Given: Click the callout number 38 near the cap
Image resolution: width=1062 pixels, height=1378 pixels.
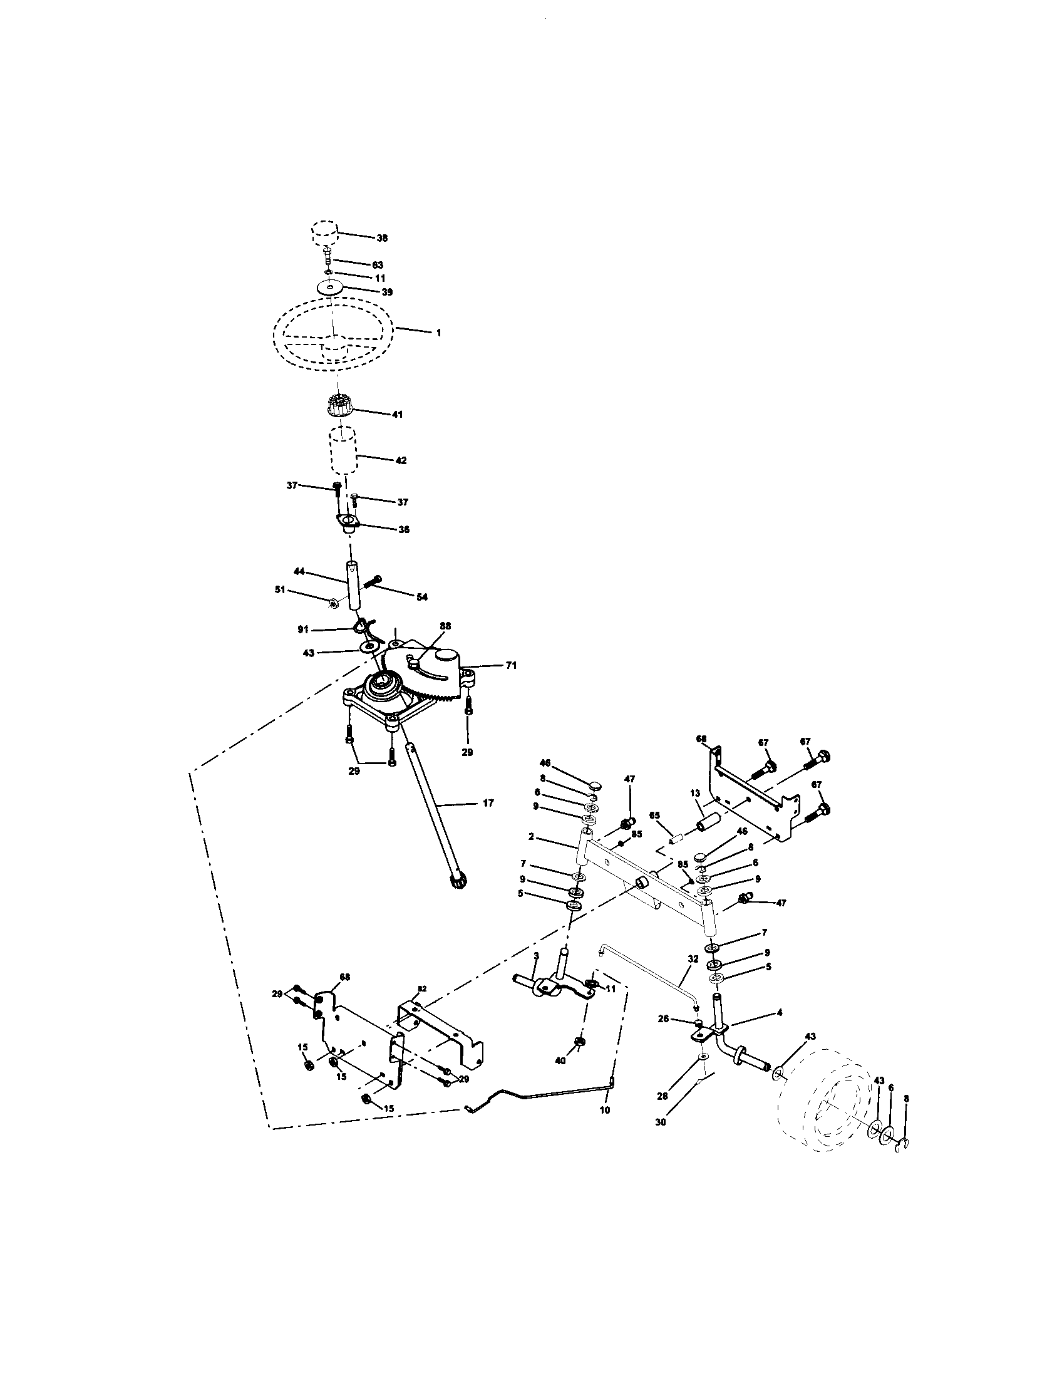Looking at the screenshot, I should tap(382, 238).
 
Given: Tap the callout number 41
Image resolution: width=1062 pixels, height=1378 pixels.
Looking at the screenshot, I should tap(397, 415).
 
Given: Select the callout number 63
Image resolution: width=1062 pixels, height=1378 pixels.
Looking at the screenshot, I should tap(378, 265).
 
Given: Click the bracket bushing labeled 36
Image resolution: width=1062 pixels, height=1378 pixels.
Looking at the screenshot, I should tap(348, 523).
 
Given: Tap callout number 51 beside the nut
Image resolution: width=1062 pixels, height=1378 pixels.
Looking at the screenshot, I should tap(280, 589).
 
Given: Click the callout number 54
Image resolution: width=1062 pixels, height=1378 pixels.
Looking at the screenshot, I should tap(422, 596).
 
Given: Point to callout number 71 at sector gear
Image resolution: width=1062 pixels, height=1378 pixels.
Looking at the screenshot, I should tap(511, 665).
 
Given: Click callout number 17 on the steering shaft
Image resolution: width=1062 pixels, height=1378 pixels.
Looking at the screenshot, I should tap(488, 803).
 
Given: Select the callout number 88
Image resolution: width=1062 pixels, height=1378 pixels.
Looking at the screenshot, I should tap(445, 626).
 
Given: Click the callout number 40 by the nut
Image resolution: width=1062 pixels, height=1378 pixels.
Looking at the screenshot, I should tap(560, 1060).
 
